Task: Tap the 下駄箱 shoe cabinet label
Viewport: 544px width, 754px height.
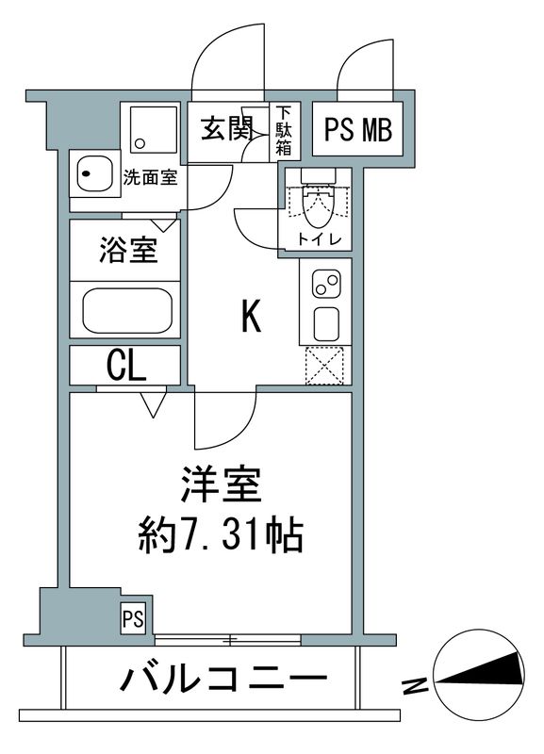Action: click(x=283, y=130)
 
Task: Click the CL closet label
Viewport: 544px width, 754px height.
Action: click(x=125, y=365)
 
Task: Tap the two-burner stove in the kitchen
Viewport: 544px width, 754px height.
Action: click(x=325, y=283)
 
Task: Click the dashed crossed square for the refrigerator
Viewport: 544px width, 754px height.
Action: click(x=326, y=365)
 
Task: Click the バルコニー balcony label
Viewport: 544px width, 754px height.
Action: click(x=223, y=678)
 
